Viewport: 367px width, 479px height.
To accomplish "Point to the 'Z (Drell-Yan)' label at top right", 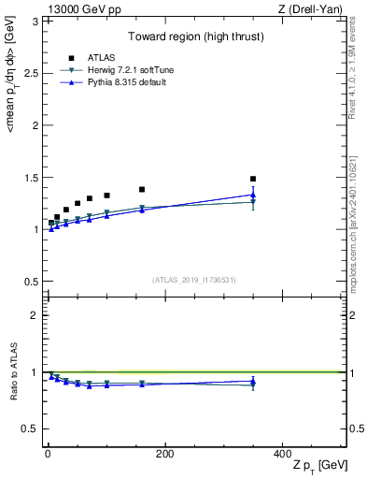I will (x=316, y=8).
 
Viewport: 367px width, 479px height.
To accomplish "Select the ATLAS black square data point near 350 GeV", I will (x=253, y=179).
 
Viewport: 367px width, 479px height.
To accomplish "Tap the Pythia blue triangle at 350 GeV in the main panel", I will (x=253, y=195).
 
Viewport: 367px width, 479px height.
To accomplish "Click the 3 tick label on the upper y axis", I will (x=35, y=21).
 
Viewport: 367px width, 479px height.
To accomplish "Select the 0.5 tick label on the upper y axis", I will (x=32, y=282).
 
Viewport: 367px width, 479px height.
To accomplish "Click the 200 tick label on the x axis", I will (x=164, y=454).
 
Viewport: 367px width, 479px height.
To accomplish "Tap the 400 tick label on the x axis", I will (x=282, y=454).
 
